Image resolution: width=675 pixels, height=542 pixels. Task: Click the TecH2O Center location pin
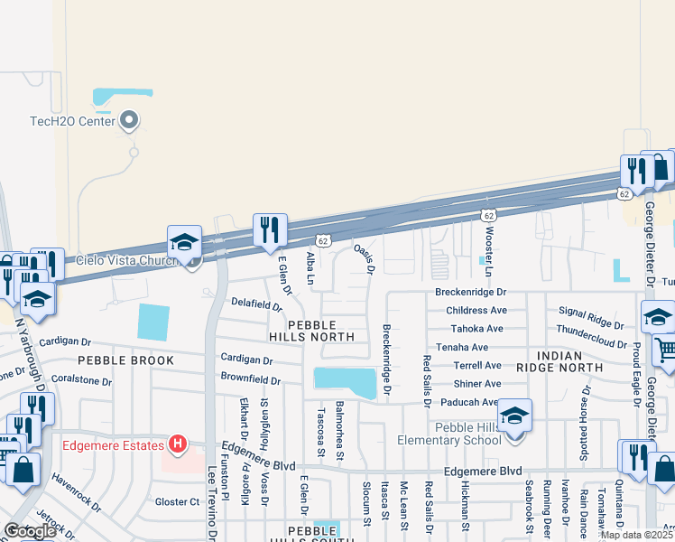coord(129,119)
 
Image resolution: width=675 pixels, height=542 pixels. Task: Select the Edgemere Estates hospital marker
coord(179,444)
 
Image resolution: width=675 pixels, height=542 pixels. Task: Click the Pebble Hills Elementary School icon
coord(515,417)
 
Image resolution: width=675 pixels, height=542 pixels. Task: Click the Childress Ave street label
coord(476,310)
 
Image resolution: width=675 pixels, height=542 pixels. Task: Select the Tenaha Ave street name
coord(461,347)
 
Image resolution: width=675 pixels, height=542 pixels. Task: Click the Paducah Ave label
coord(465,402)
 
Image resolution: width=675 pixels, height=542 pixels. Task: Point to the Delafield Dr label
coord(257,304)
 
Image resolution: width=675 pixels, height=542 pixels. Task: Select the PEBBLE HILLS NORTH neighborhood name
coord(312,331)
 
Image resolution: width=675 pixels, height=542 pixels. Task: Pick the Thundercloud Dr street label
coord(591,331)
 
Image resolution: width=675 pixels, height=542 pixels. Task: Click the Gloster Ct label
coord(177,501)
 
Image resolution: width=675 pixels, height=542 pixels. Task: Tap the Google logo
coord(30,530)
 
